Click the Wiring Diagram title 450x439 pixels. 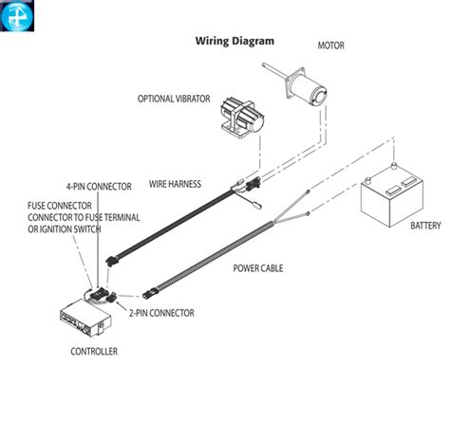(x=234, y=42)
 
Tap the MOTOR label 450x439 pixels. (x=331, y=46)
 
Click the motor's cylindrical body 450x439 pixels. (x=308, y=88)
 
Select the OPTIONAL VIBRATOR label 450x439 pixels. (x=174, y=99)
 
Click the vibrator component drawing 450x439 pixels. (x=242, y=118)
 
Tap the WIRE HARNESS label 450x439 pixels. (x=175, y=184)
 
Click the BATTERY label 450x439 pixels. (x=425, y=226)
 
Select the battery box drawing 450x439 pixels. (x=392, y=195)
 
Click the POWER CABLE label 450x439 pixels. (x=258, y=268)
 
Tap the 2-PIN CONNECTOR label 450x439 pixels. (x=161, y=313)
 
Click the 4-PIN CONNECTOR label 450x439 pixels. (x=99, y=187)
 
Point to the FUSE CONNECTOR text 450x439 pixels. (x=60, y=206)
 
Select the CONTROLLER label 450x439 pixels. (x=94, y=352)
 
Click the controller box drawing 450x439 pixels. (x=85, y=318)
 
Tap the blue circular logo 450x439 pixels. (x=17, y=16)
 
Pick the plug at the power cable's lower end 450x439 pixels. (x=149, y=294)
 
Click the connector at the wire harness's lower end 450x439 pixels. (x=111, y=261)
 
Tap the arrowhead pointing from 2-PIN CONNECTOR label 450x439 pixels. (x=119, y=303)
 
